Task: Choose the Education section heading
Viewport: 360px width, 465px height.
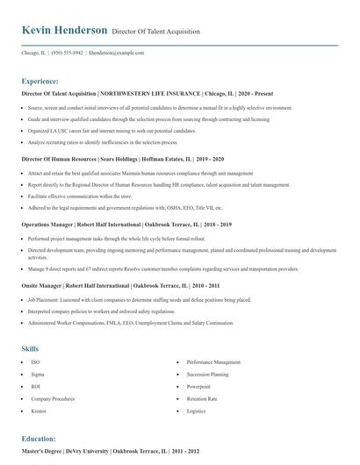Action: click(x=39, y=438)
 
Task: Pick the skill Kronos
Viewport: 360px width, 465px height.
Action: click(x=40, y=410)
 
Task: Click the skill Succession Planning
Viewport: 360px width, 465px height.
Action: click(x=207, y=373)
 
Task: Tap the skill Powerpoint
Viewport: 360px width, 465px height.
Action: click(x=198, y=385)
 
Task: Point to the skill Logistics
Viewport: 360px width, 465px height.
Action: click(x=196, y=410)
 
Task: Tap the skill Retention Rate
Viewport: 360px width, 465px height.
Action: click(x=202, y=397)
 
